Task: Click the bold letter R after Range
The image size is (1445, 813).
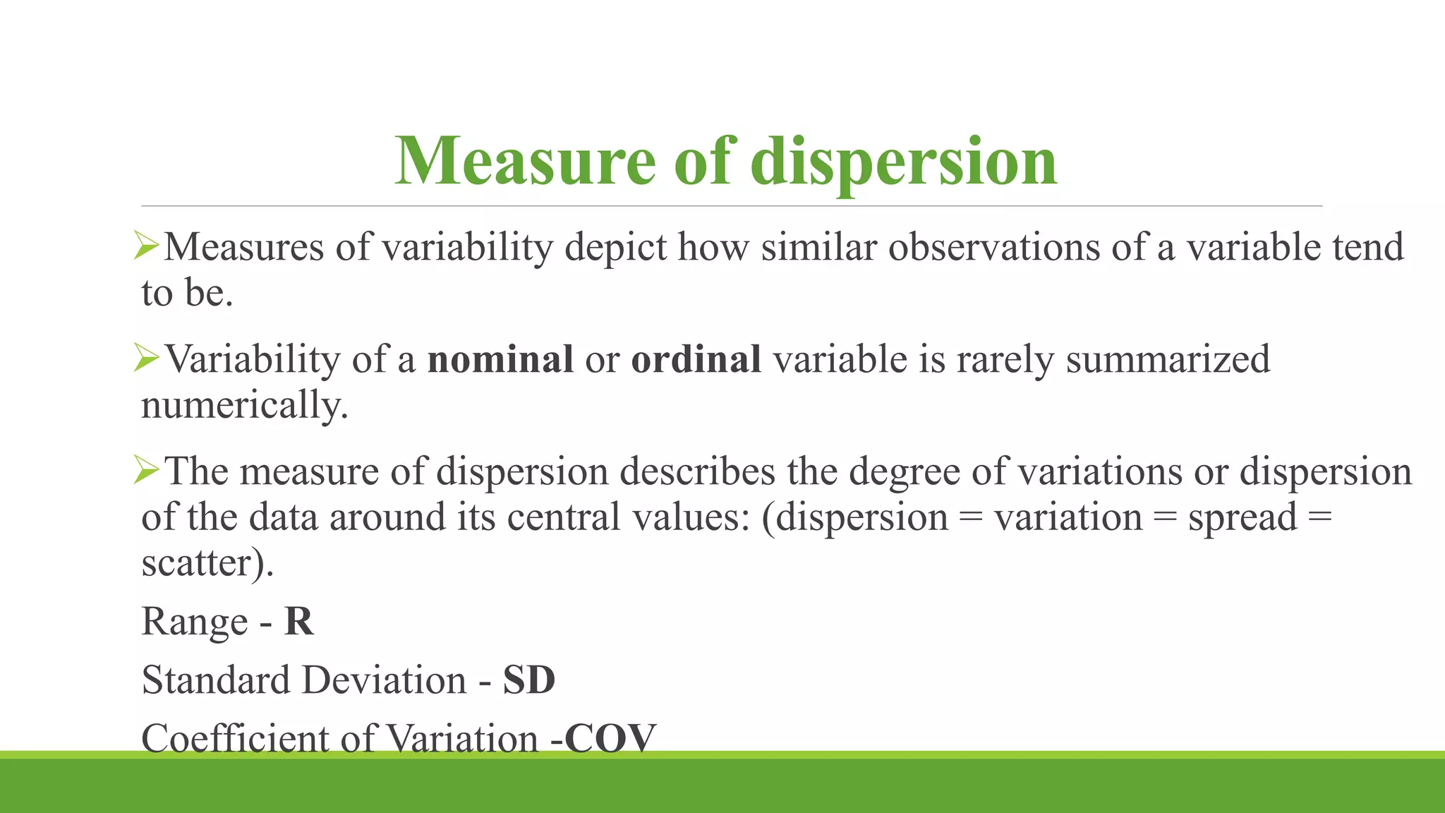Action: (x=298, y=622)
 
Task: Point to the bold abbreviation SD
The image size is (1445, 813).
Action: (x=529, y=680)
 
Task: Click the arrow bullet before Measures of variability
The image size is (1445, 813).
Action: (x=147, y=246)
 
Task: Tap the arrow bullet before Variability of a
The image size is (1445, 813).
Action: (x=147, y=359)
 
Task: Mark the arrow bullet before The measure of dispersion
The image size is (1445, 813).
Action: (x=147, y=470)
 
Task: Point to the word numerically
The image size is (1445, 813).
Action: (x=245, y=406)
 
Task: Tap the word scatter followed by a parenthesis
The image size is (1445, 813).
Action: (x=202, y=563)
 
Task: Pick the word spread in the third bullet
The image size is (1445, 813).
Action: (x=1242, y=518)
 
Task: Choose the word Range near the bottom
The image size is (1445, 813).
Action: (x=195, y=622)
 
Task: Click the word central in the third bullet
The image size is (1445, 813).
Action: (x=564, y=517)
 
